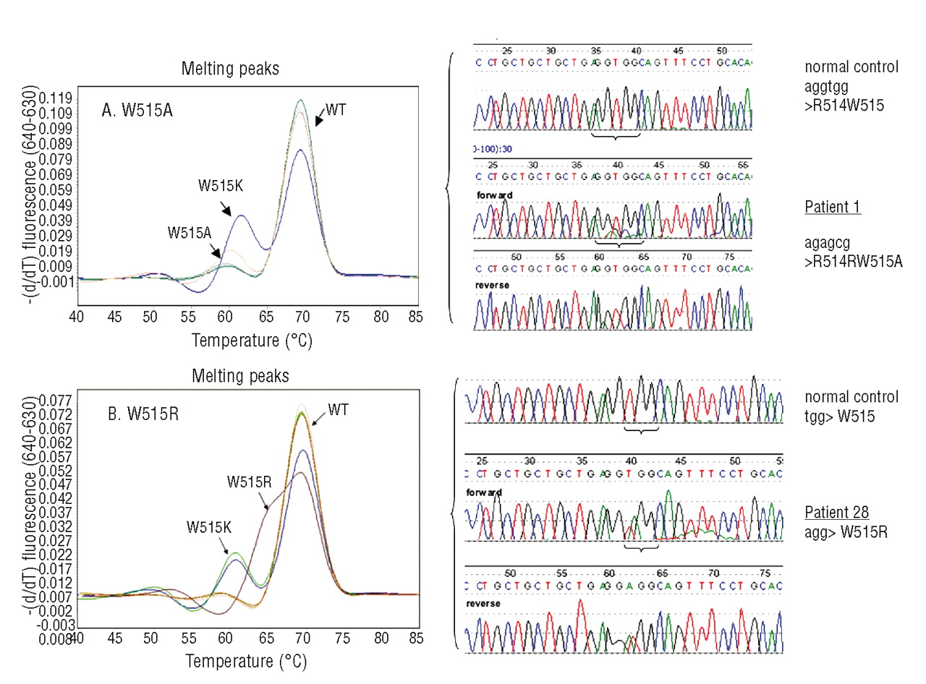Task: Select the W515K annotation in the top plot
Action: (x=221, y=186)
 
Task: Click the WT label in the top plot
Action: (x=336, y=110)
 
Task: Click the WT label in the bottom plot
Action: (x=338, y=410)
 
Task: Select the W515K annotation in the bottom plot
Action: (x=209, y=527)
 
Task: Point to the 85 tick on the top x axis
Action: (x=415, y=316)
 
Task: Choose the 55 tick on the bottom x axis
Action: (x=188, y=638)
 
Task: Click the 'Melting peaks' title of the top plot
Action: (x=230, y=69)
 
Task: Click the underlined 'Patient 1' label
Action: (x=833, y=208)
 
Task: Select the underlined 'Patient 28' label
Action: (x=837, y=513)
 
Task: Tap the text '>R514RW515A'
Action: (x=854, y=262)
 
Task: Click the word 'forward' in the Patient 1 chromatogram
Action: (x=495, y=195)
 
